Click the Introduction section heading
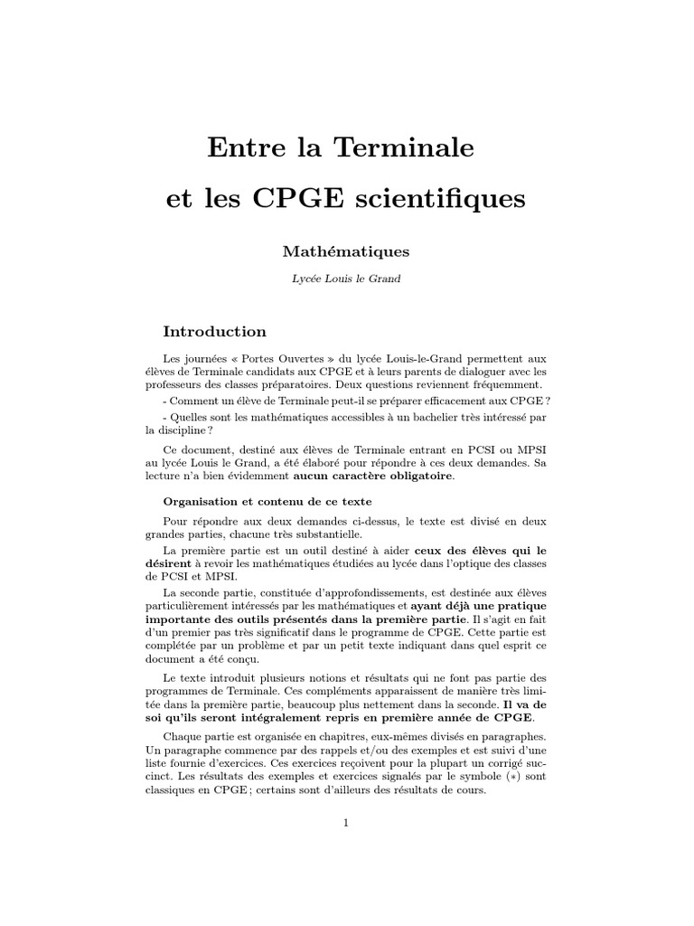(214, 332)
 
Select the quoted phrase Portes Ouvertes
(275, 359)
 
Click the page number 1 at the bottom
(346, 823)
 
